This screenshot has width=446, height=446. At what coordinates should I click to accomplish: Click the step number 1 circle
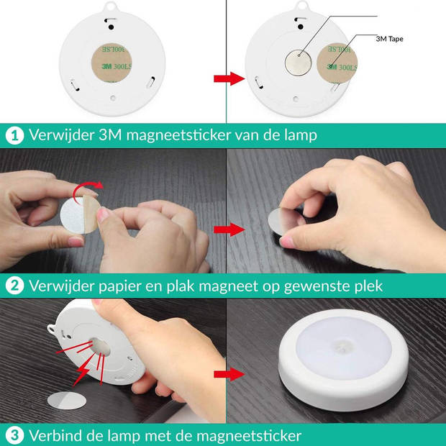[x=14, y=135]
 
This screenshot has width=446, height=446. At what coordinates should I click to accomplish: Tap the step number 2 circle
[x=14, y=286]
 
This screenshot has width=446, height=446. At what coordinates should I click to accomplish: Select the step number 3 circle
[x=14, y=435]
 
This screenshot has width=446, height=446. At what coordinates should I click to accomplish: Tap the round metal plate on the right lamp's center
[x=297, y=63]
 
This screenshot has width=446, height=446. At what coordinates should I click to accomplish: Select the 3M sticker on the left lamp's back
[x=111, y=61]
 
